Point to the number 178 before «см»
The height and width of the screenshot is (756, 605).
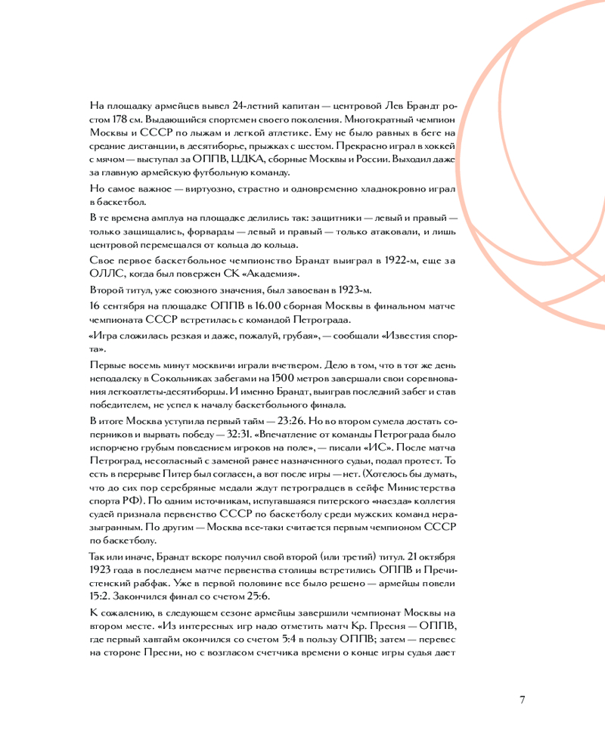tap(118, 119)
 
